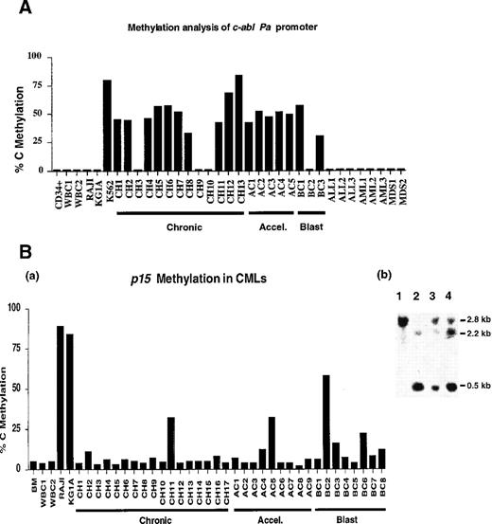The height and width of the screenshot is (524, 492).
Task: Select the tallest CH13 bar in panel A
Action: [x=238, y=123]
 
